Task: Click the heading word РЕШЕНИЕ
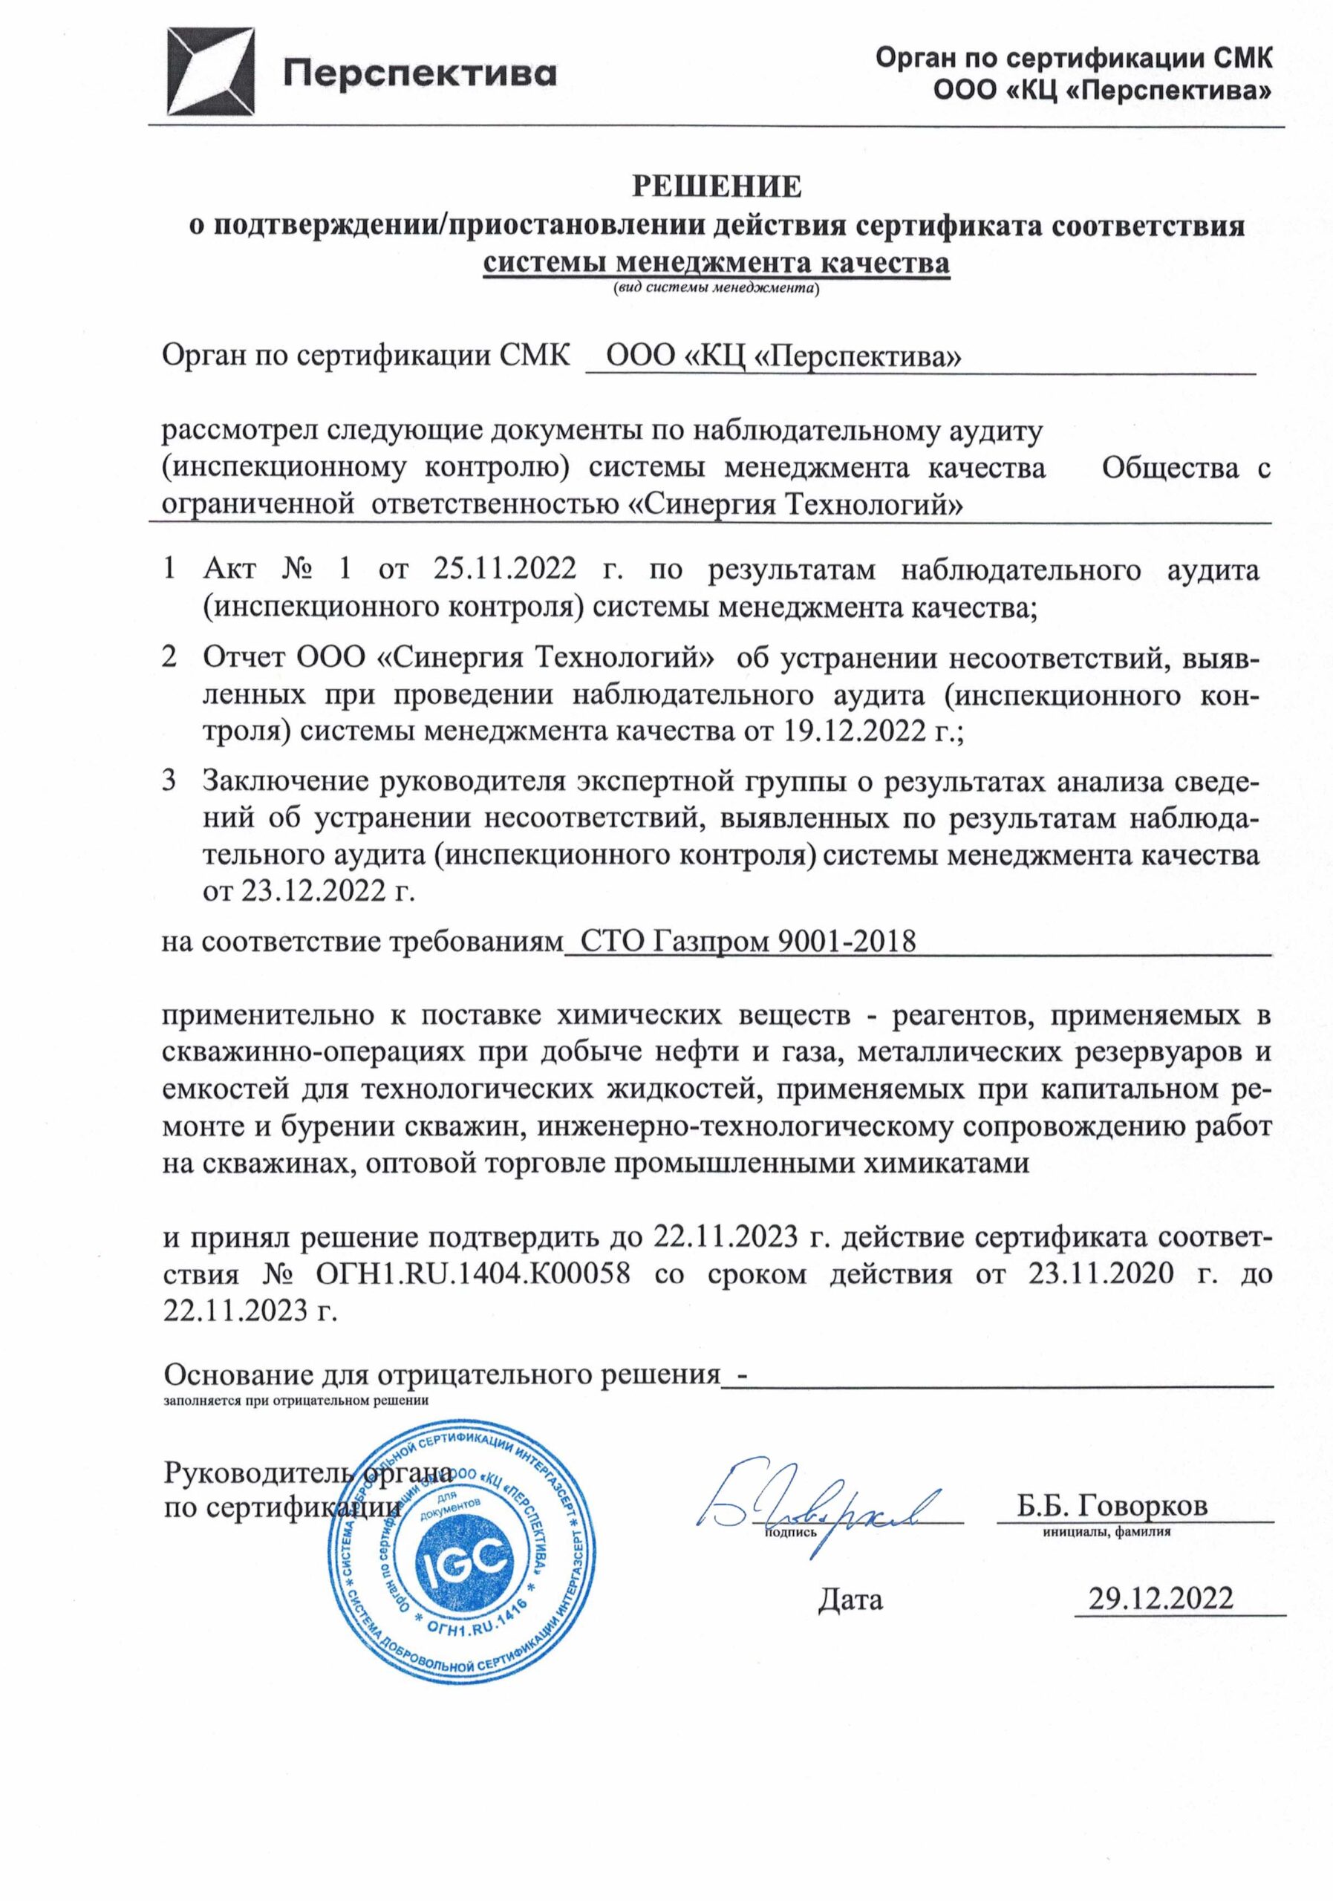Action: tap(717, 186)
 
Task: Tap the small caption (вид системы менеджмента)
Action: tap(716, 289)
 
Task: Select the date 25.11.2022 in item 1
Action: tap(504, 570)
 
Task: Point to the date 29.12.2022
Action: tap(1161, 1598)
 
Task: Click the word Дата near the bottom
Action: tap(850, 1600)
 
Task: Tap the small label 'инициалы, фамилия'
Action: tap(1107, 1532)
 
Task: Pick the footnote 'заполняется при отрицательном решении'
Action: tap(296, 1401)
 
